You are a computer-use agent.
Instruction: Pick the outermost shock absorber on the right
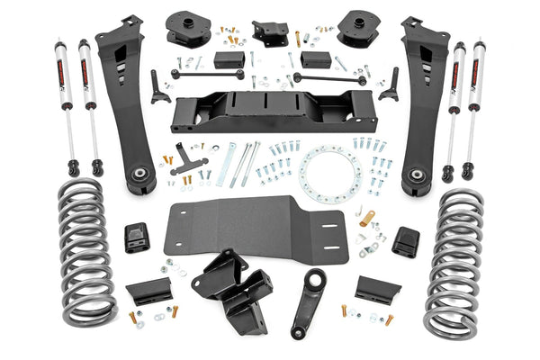[x=474, y=103]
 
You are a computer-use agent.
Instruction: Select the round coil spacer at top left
[x=187, y=29]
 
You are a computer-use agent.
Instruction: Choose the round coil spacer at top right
[x=357, y=29]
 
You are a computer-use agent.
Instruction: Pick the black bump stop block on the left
[x=136, y=238]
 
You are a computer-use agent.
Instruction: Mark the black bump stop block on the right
[x=407, y=241]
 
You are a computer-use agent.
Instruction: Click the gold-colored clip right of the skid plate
[x=367, y=218]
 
